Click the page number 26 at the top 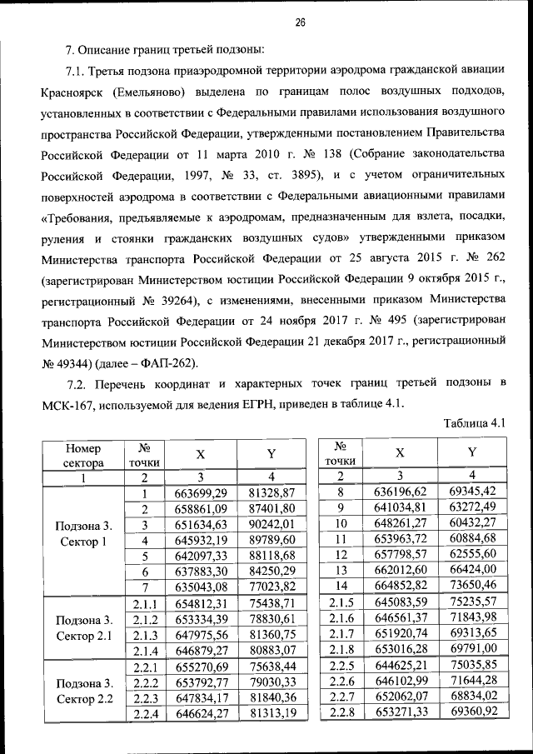[300, 22]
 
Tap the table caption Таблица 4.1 [476, 423]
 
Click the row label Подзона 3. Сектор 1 [83, 533]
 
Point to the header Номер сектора [83, 454]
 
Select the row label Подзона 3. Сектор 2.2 [83, 690]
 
